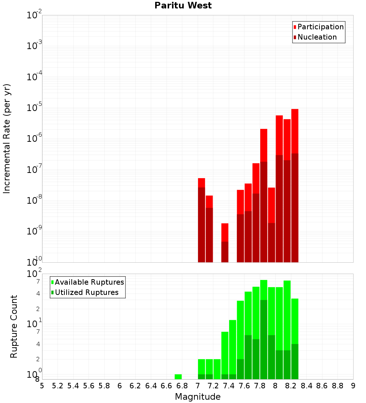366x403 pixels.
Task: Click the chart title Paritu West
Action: point(183,5)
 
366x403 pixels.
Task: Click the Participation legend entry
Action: point(320,27)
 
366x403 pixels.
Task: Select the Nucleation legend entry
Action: point(317,37)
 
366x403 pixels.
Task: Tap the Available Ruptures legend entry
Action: point(89,282)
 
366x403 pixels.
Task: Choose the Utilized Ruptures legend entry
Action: point(86,292)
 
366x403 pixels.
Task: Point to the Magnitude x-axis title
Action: point(198,397)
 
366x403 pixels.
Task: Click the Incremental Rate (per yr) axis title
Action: point(7,138)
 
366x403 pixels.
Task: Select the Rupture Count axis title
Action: point(14,326)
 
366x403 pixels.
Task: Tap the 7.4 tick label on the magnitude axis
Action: point(229,386)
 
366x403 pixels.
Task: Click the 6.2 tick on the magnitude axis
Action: point(135,386)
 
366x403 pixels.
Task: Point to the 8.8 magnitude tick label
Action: point(337,386)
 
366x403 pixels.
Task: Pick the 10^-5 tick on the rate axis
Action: point(35,108)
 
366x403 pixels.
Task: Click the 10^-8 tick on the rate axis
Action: point(35,200)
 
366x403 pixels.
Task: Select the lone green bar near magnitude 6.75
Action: point(178,377)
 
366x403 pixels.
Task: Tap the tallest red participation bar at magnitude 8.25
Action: point(295,183)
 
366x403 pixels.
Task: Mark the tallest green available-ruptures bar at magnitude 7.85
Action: point(264,289)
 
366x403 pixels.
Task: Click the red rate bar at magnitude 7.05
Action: point(201,220)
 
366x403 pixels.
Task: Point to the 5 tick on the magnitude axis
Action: point(42,386)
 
